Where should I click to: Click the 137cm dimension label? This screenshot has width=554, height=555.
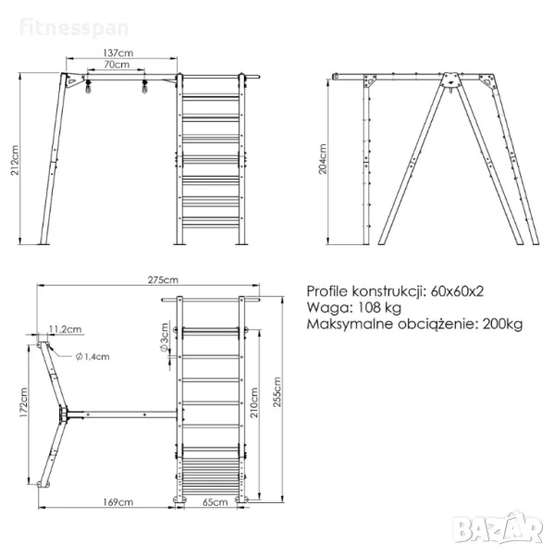118,53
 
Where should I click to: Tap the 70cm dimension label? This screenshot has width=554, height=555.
117,65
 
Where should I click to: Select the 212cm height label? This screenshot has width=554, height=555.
15,160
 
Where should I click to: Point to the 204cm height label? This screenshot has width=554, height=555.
323,159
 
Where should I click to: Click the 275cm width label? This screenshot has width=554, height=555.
163,280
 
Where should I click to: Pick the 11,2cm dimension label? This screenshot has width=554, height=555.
65,329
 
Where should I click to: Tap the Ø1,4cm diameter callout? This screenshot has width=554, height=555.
92,356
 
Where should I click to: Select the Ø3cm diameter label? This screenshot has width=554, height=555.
165,338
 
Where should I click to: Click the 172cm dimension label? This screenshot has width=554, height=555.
23,402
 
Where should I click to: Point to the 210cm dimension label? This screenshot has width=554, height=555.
254,402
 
